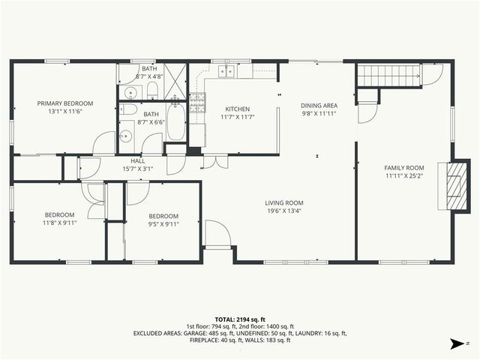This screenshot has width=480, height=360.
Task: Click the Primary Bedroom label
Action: click(65, 103)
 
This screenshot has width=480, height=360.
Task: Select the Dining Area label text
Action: click(319, 106)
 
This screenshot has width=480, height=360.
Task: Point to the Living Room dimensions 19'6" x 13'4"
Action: click(283, 211)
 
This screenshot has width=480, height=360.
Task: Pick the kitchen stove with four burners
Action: click(196, 100)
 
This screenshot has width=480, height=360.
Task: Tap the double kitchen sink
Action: click(225, 72)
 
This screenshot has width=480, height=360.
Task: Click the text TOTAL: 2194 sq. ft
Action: click(240, 319)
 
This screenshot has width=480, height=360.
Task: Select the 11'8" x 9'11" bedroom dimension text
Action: click(58, 223)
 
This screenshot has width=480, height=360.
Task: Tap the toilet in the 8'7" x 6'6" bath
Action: click(127, 109)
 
